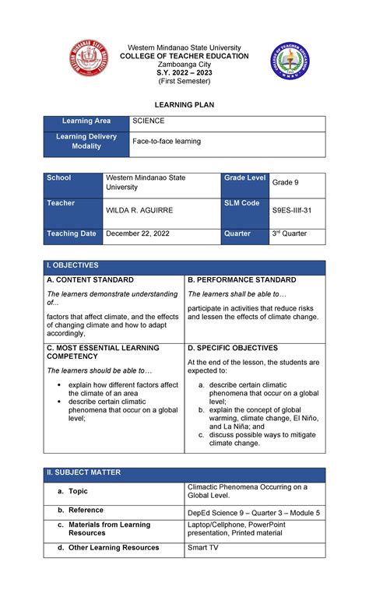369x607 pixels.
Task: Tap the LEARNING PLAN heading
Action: coord(184,104)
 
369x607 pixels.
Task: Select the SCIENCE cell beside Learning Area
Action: coord(148,121)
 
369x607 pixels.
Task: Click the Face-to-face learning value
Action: coord(167,142)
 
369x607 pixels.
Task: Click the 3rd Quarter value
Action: coord(289,233)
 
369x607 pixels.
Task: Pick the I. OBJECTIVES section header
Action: coord(73,266)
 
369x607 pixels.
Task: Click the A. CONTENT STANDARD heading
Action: coord(90,279)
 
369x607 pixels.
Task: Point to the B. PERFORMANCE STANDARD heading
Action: coord(241,279)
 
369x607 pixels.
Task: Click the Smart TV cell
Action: coord(204,548)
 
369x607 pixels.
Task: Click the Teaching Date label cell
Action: coord(72,233)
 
